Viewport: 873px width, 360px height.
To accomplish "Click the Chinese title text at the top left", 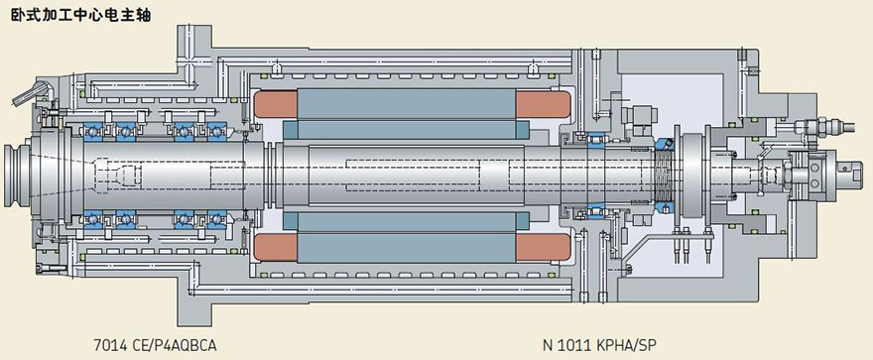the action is click(x=80, y=15).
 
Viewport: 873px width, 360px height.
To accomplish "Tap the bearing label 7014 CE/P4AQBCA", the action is click(x=155, y=346).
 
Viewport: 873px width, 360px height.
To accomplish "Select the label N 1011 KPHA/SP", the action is click(x=599, y=346).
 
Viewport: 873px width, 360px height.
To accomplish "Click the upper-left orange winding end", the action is click(x=276, y=104).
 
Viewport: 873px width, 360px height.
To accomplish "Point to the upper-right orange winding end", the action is click(x=543, y=104).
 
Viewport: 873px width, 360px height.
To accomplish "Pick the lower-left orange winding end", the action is click(x=276, y=248).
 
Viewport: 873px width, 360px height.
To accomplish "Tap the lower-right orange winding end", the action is click(x=543, y=248).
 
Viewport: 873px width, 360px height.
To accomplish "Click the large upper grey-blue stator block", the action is click(x=407, y=104).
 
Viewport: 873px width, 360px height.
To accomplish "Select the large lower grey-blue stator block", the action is click(x=407, y=248).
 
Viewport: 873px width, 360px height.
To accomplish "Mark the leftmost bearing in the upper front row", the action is click(x=91, y=132).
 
